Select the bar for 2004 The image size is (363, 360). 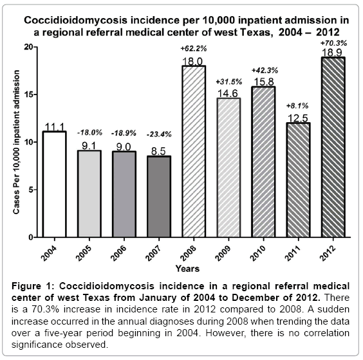[55, 184]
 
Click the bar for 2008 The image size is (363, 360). [194, 152]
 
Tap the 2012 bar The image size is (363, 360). [333, 147]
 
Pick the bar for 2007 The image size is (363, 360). [159, 197]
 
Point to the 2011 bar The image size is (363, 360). [299, 180]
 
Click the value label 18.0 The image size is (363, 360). [192, 62]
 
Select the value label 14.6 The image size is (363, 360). [228, 93]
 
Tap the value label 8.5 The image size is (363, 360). [158, 151]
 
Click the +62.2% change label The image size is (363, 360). [194, 49]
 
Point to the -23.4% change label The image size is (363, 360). [159, 134]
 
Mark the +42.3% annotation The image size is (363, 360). [265, 70]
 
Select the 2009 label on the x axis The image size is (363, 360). [223, 253]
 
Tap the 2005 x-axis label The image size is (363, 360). [84, 253]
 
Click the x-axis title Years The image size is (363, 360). [187, 269]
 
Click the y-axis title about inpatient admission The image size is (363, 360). [16, 142]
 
